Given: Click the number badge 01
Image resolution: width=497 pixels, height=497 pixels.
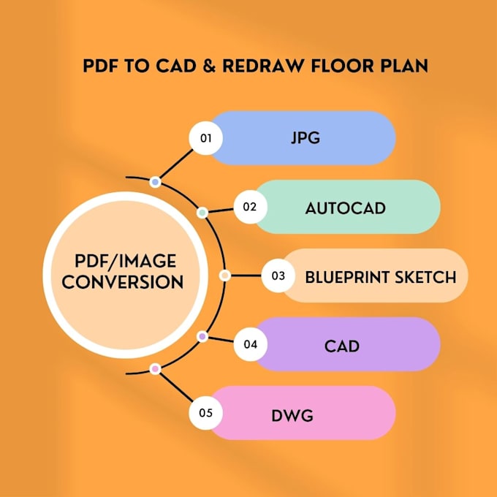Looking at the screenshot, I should tap(205, 138).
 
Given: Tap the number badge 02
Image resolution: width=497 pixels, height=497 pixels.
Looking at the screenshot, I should tap(250, 207).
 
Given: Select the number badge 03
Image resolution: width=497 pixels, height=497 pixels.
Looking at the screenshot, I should tap(278, 276).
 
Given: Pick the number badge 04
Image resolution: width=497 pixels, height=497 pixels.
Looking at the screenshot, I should tap(250, 344).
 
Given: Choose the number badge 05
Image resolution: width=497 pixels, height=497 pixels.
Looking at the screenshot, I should tap(205, 414).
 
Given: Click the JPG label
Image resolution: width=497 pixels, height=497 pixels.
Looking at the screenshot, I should tap(306, 138).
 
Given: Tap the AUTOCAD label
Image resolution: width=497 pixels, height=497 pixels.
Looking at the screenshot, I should tap(345, 208).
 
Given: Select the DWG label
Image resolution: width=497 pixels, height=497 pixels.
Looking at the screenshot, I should tap(292, 416).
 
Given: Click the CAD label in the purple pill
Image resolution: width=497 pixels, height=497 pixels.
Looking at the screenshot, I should tap(342, 345).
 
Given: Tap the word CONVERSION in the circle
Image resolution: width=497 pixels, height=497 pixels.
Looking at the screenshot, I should tap(123, 281).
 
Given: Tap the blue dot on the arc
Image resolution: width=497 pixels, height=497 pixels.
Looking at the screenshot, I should tap(155, 181).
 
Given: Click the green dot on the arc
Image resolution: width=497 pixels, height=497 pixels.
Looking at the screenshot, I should tap(202, 213).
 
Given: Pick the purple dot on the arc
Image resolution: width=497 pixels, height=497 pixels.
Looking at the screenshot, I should tap(202, 336).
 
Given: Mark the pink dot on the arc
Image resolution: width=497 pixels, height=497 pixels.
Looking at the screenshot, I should tap(155, 369).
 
